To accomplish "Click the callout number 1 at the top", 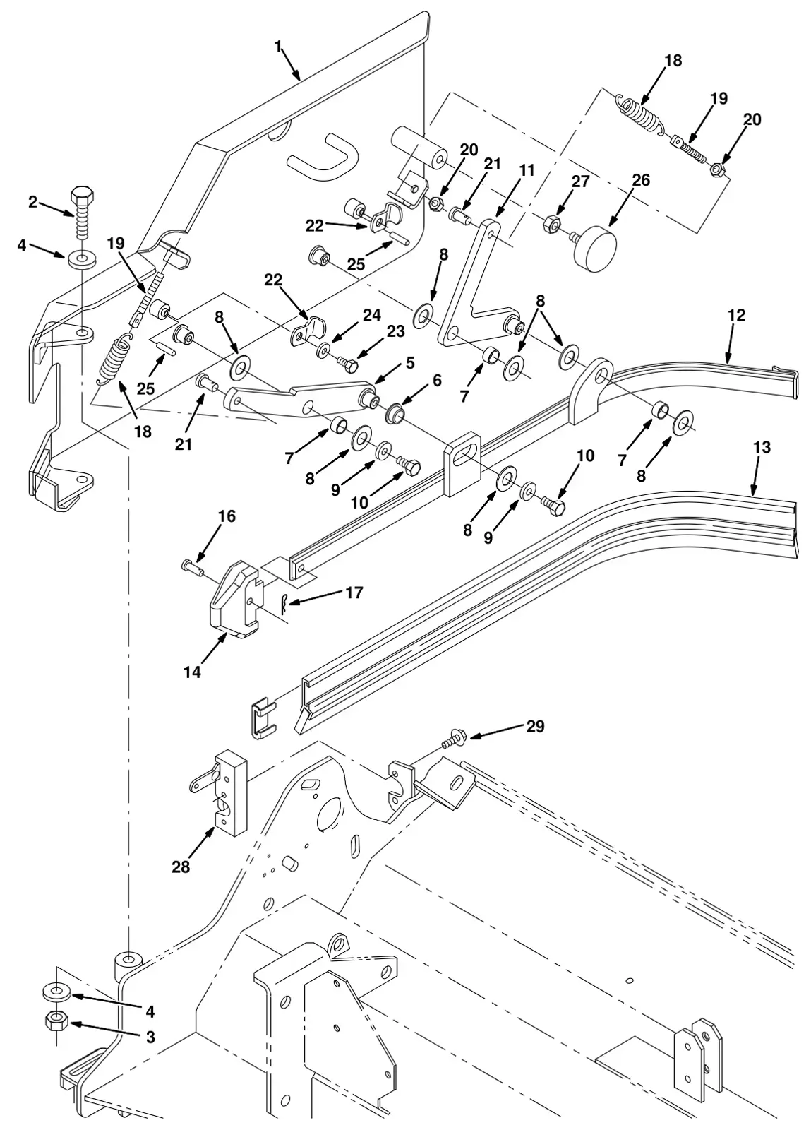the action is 277,47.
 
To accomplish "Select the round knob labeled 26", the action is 596,250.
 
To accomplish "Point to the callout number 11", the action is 527,170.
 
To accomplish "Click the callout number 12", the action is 736,315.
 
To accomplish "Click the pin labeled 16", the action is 191,568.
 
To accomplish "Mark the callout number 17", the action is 354,593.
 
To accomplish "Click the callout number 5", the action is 410,362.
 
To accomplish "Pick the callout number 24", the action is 372,315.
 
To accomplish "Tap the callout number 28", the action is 181,867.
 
